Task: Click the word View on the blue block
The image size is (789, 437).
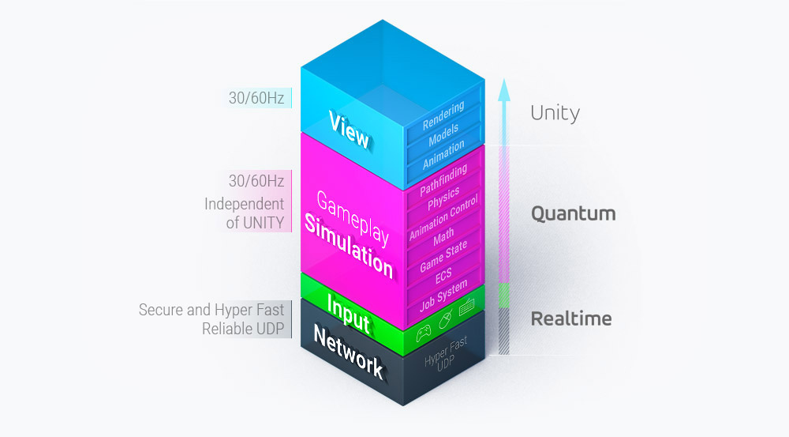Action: tap(349, 130)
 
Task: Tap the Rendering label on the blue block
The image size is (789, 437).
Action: tap(443, 115)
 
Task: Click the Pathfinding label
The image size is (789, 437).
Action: tap(443, 180)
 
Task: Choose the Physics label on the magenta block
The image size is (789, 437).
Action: tap(443, 200)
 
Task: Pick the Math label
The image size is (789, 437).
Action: tap(443, 237)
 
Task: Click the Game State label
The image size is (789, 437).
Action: tap(443, 256)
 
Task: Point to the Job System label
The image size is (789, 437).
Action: tap(443, 295)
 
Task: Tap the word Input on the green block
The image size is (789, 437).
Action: tap(348, 313)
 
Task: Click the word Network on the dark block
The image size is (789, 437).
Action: tap(348, 352)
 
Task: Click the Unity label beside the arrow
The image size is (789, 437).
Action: tap(555, 113)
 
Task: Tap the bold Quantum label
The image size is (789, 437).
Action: tap(573, 213)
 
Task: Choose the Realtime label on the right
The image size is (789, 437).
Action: tap(571, 318)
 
